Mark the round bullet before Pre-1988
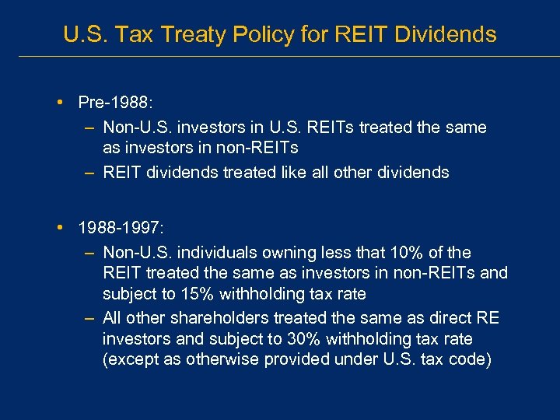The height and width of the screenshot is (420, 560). (61, 103)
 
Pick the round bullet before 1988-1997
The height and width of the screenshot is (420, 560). (61, 229)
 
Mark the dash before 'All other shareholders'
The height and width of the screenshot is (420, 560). (89, 318)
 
